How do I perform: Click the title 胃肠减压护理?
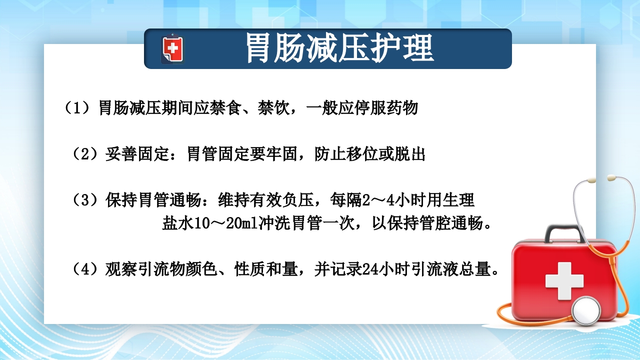(339, 48)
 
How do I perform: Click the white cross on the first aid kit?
(564, 280)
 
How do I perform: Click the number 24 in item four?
(368, 270)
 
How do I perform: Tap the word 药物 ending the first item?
(403, 108)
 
